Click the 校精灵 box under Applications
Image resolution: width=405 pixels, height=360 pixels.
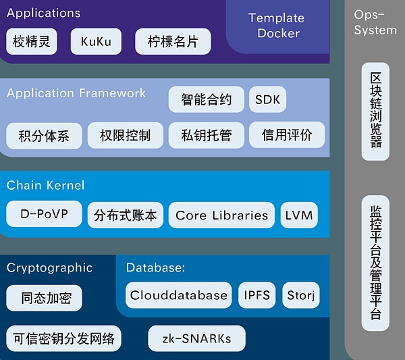pos(32,42)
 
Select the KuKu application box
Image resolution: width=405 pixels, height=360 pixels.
pos(96,42)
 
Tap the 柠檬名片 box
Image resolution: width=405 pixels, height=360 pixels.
pos(173,42)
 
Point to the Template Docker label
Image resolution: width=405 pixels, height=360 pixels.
pos(276,26)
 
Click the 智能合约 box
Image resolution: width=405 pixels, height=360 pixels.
pos(206,100)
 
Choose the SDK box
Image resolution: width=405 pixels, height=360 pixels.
pos(267,100)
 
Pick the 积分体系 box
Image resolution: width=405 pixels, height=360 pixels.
pos(44,135)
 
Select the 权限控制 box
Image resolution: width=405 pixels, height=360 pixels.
pos(125,135)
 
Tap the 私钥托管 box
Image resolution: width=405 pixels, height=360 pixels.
pos(206,135)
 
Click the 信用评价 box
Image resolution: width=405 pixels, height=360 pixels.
pos(287,135)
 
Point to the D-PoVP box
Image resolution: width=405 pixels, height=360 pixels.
pos(44,214)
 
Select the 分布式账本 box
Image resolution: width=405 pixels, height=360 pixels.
pos(126,215)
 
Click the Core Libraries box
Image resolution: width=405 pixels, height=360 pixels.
pos(221,215)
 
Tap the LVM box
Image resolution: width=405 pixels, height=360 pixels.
pos(299,215)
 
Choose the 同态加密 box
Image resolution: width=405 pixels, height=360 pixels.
pos(44,298)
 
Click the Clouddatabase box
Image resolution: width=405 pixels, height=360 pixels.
pos(179,295)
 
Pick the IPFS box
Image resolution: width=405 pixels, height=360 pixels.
pos(256,295)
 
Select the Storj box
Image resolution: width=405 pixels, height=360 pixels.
pos(301,295)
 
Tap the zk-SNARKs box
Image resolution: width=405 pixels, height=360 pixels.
pos(196,338)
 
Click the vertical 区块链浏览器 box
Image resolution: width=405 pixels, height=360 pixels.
pos(375,111)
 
